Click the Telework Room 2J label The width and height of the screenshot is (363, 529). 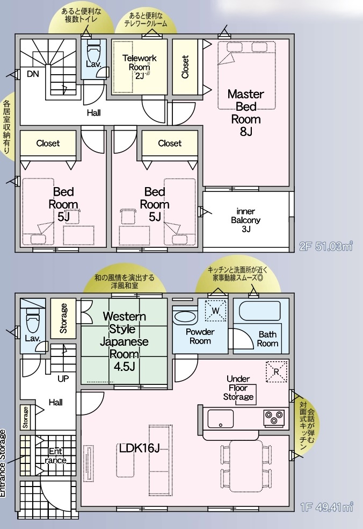(140, 67)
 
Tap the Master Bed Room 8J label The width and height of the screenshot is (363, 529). (246, 113)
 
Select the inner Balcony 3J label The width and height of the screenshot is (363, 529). (246, 220)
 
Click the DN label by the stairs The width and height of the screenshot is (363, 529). (33, 74)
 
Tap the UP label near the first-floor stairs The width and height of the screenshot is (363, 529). (63, 379)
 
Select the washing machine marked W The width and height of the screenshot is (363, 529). (216, 311)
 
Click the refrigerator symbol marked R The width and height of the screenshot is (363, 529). (277, 371)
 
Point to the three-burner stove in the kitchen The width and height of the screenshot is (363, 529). (274, 417)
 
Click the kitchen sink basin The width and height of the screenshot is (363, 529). (220, 419)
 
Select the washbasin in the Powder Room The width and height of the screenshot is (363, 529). (185, 317)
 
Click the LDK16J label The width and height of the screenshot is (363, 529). (139, 448)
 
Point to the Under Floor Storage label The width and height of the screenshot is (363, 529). (238, 388)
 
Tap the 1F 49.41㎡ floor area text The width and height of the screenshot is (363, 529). (326, 507)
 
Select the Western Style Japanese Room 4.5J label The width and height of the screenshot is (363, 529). (124, 341)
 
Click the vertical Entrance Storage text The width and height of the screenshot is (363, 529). (3, 463)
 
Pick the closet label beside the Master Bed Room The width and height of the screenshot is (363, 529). (185, 67)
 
